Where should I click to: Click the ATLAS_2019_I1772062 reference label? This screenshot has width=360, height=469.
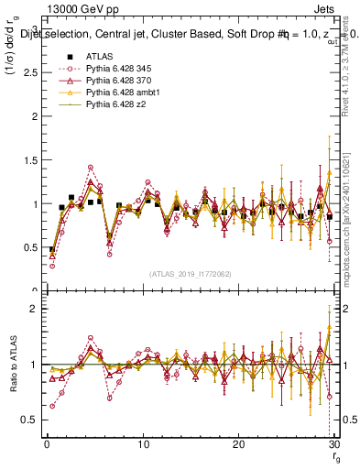[x=191, y=274]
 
